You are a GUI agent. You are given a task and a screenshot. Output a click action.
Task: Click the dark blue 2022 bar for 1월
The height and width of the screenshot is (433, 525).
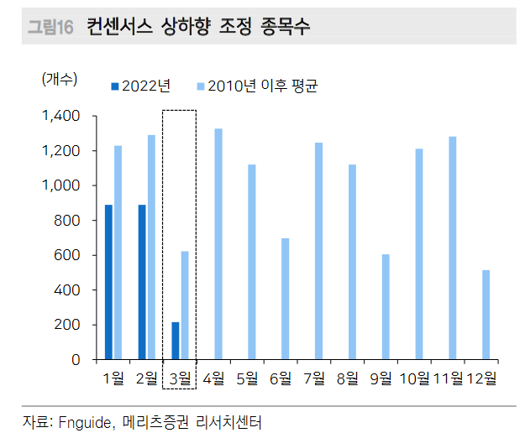click(x=108, y=282)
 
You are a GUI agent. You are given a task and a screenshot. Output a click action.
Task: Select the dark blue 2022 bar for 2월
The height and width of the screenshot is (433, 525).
click(x=142, y=282)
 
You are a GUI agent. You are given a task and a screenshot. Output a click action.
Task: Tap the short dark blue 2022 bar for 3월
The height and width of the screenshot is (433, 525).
click(x=175, y=341)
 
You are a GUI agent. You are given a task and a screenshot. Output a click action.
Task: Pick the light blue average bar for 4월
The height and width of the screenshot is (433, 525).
click(x=218, y=244)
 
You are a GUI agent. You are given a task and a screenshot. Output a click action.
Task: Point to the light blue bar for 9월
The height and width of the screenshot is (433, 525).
click(x=386, y=307)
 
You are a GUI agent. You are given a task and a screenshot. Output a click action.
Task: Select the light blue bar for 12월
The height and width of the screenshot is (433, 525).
click(x=486, y=315)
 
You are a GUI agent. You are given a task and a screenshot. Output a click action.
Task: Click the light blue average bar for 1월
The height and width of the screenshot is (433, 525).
click(x=118, y=253)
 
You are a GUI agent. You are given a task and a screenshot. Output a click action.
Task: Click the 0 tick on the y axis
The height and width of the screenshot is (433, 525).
click(x=76, y=360)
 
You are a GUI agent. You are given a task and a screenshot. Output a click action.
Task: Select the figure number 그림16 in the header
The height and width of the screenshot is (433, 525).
click(x=50, y=27)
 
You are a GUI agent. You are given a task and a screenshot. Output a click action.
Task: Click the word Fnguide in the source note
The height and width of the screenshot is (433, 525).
click(x=82, y=420)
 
